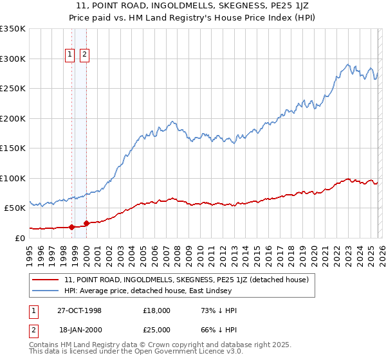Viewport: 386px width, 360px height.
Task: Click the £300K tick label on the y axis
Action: [x=13, y=59]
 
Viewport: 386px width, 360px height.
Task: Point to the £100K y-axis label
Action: [x=13, y=178]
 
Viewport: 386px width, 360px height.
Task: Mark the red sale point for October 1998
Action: [x=71, y=226]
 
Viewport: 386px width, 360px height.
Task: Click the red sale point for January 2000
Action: [x=86, y=223]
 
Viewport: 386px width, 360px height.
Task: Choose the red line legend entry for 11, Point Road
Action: [x=187, y=280]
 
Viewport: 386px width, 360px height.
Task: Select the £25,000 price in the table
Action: [x=157, y=330]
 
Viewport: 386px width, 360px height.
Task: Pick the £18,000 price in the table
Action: [x=157, y=310]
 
